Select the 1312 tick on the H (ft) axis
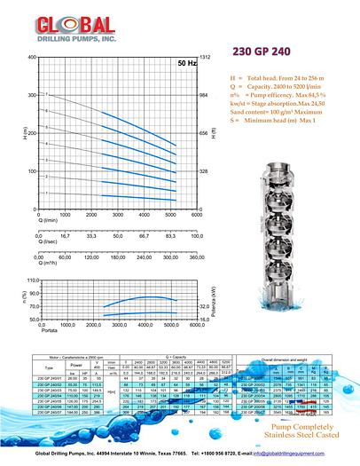coord(205,57)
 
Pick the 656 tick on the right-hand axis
coord(204,133)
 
